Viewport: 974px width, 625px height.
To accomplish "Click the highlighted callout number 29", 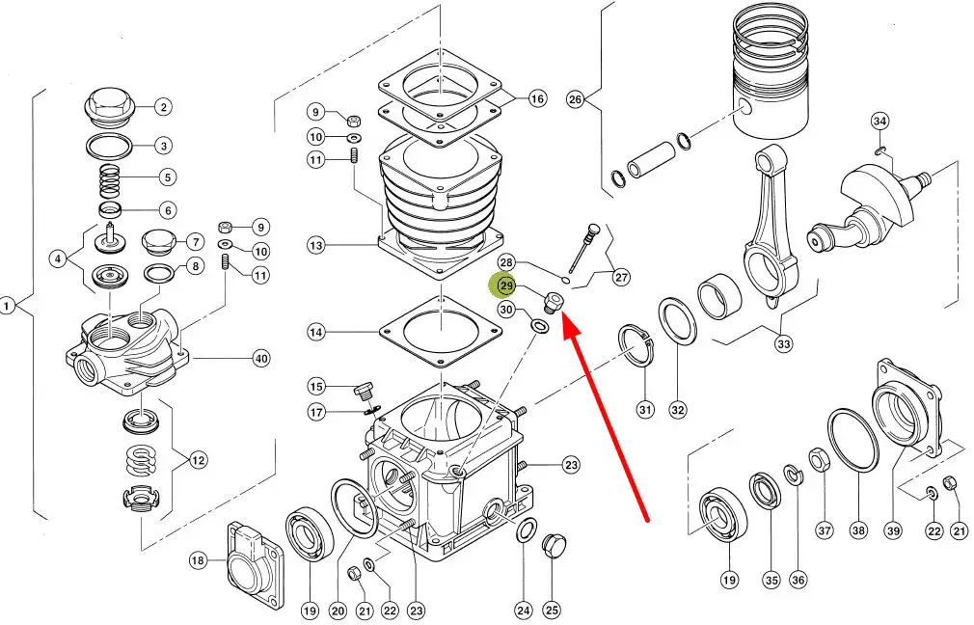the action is click(507, 285).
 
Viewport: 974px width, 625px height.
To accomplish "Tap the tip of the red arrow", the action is click(563, 314).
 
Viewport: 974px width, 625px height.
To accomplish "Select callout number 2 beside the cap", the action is click(163, 107).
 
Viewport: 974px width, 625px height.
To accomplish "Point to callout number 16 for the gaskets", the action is click(537, 98).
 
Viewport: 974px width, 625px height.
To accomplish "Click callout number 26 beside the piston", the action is click(575, 98).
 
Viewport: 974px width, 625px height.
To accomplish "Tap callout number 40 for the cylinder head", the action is click(261, 359).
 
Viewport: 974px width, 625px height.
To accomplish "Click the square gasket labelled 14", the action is click(441, 331).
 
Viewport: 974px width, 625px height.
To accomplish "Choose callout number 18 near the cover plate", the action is click(198, 561).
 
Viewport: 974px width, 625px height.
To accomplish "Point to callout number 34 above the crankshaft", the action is click(879, 121).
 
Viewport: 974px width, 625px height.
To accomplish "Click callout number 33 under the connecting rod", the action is click(784, 343).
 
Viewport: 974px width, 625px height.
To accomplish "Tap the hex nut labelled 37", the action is click(818, 460).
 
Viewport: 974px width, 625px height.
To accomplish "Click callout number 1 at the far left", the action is click(7, 307).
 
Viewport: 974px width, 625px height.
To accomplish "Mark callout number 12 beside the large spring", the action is click(198, 460).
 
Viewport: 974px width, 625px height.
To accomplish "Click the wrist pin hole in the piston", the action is click(745, 108).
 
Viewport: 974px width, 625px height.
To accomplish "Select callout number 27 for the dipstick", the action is click(621, 277).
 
